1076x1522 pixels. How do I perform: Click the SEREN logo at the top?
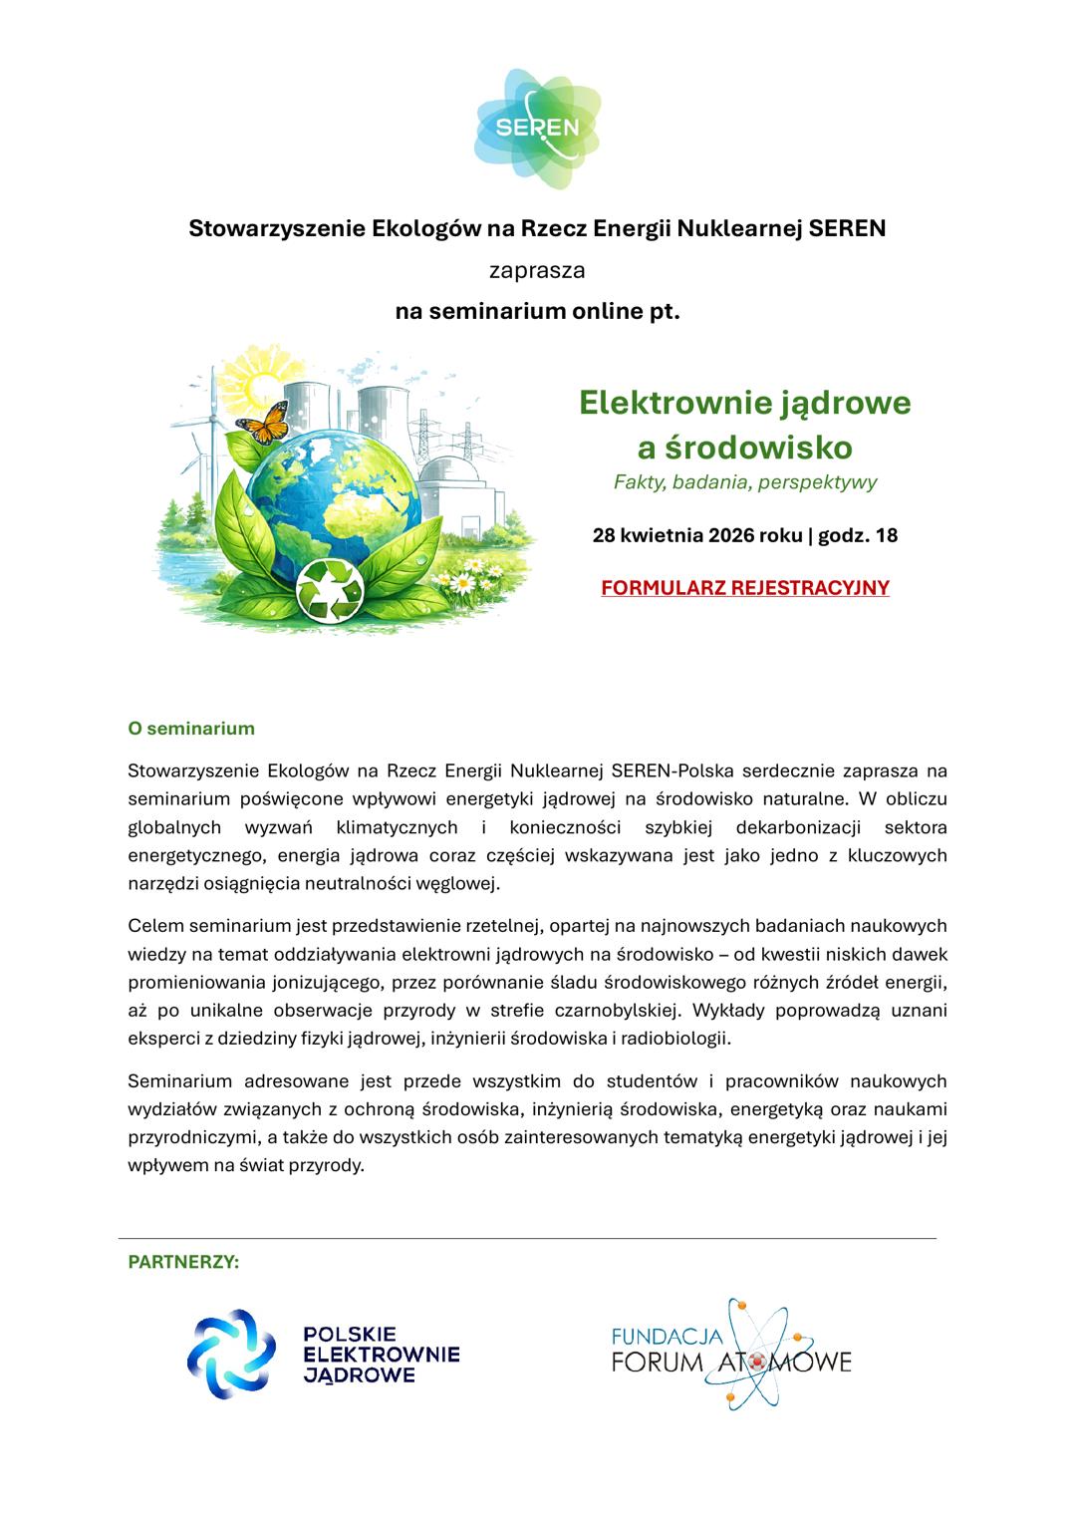(538, 128)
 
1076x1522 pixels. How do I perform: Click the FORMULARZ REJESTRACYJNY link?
(744, 587)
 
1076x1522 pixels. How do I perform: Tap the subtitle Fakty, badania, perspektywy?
(744, 482)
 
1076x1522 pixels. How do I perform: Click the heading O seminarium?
(191, 728)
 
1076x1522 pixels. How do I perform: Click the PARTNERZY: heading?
(183, 1262)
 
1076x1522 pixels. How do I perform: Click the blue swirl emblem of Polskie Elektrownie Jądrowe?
(232, 1354)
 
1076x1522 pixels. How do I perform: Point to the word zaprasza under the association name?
(537, 270)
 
